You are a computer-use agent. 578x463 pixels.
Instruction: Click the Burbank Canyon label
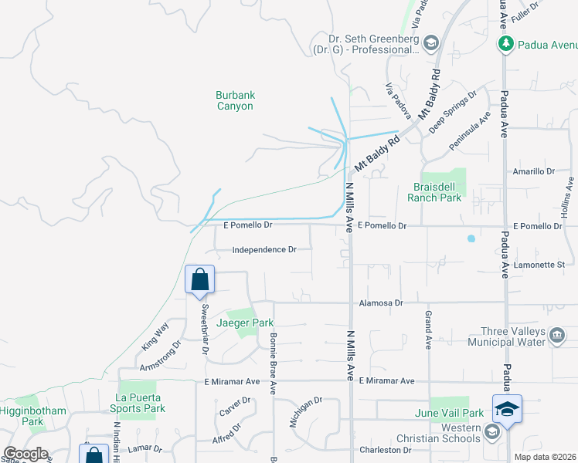[234, 101]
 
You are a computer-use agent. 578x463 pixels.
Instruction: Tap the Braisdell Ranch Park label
[434, 192]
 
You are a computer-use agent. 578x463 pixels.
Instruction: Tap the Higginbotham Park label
[32, 417]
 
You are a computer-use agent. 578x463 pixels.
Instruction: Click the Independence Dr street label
[264, 250]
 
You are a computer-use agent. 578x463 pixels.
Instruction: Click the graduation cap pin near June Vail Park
[507, 408]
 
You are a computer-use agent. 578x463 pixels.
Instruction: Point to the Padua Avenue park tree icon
[506, 44]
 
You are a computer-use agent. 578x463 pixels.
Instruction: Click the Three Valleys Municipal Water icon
[559, 334]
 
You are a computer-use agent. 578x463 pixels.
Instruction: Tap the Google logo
[26, 454]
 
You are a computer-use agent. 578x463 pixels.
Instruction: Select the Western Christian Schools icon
[491, 434]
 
